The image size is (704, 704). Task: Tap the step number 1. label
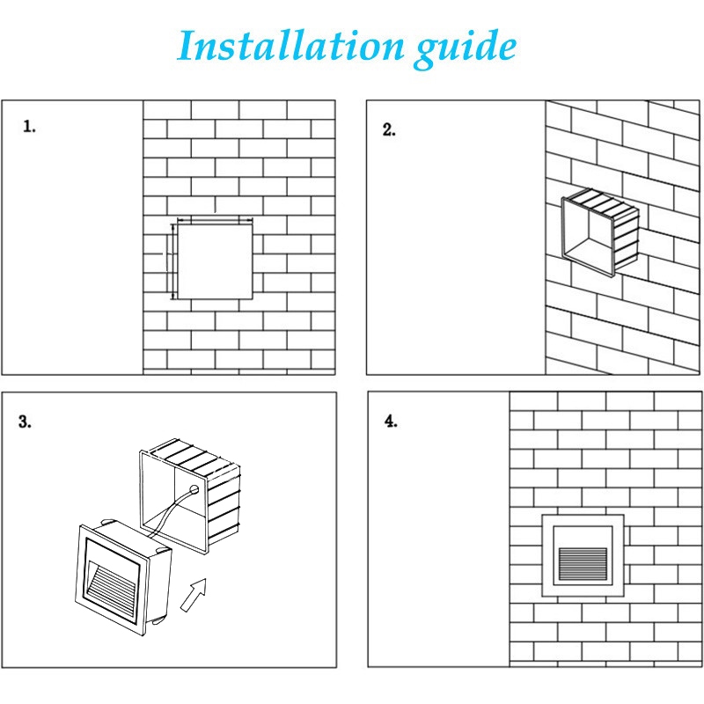(30, 127)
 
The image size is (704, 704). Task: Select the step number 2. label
(389, 129)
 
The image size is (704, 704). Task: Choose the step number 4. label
(391, 421)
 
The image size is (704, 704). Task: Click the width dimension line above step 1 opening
(216, 219)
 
